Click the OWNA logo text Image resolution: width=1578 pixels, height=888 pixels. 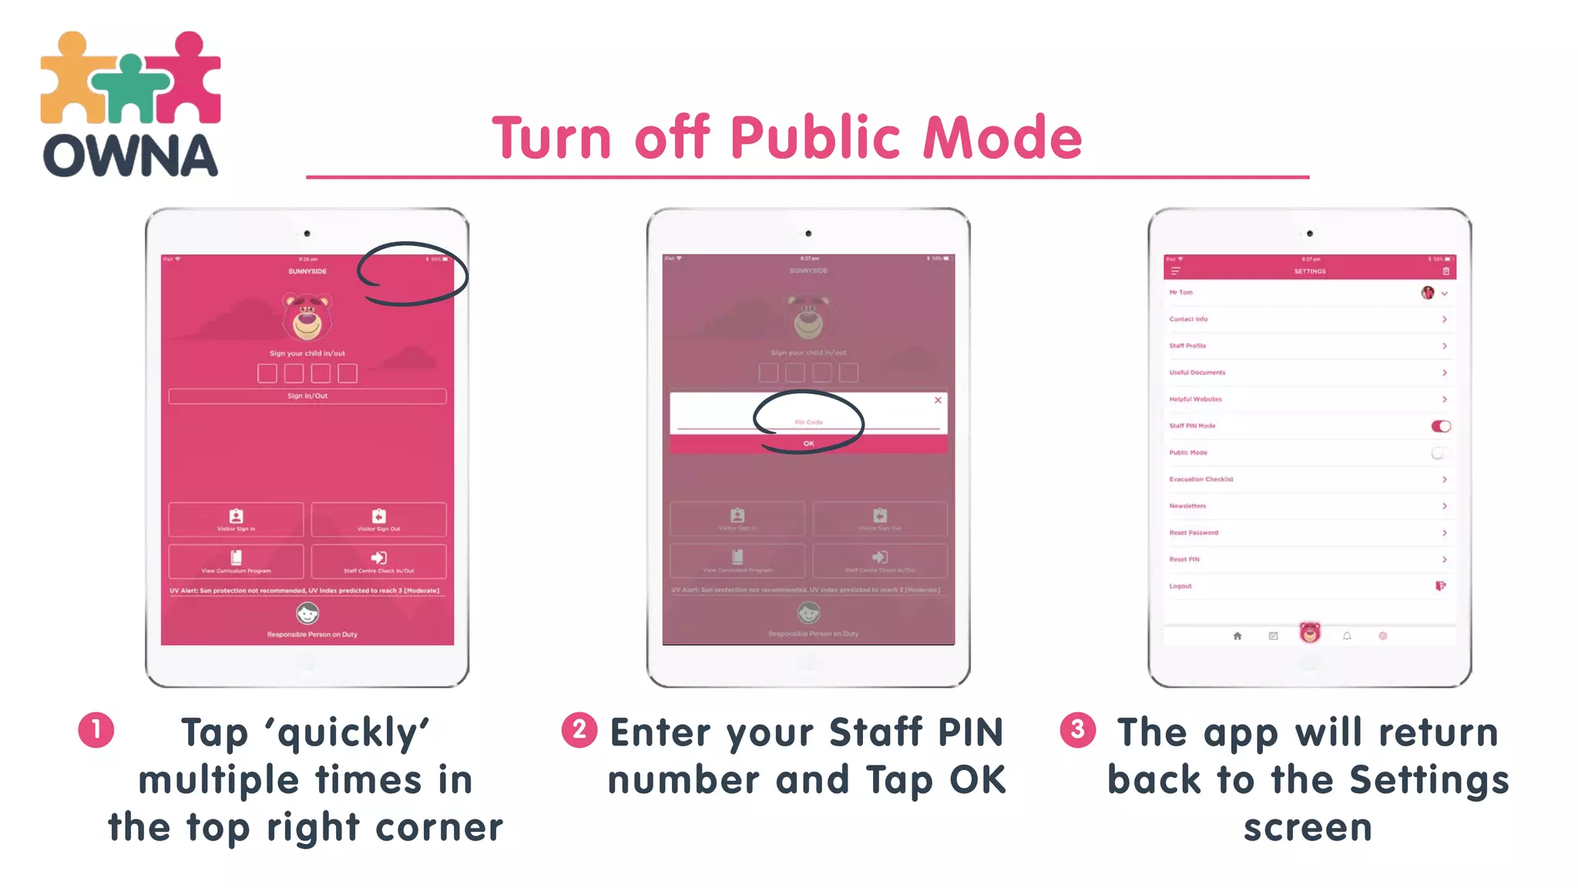(x=130, y=156)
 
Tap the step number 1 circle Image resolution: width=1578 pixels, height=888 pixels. (x=96, y=730)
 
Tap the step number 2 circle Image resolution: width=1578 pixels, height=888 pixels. (x=579, y=730)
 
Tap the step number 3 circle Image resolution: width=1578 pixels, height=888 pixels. (x=1078, y=730)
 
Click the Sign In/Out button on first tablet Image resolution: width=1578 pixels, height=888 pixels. (x=307, y=396)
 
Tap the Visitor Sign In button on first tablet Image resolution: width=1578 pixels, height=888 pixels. (x=236, y=520)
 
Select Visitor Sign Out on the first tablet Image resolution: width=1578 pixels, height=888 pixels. (x=378, y=520)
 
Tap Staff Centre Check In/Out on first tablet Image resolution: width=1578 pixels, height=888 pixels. (x=378, y=561)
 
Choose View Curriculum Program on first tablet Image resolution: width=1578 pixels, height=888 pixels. (x=236, y=561)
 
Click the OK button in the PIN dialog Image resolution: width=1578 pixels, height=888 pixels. (x=808, y=444)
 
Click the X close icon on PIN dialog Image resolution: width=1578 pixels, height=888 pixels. (x=938, y=400)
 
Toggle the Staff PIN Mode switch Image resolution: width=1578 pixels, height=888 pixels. (x=1441, y=426)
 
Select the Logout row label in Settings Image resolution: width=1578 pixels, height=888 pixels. (x=1180, y=587)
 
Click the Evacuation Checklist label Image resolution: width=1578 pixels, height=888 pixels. (x=1201, y=479)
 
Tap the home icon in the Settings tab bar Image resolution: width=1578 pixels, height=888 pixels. (x=1237, y=636)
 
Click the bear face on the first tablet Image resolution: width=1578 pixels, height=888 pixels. (x=307, y=316)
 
